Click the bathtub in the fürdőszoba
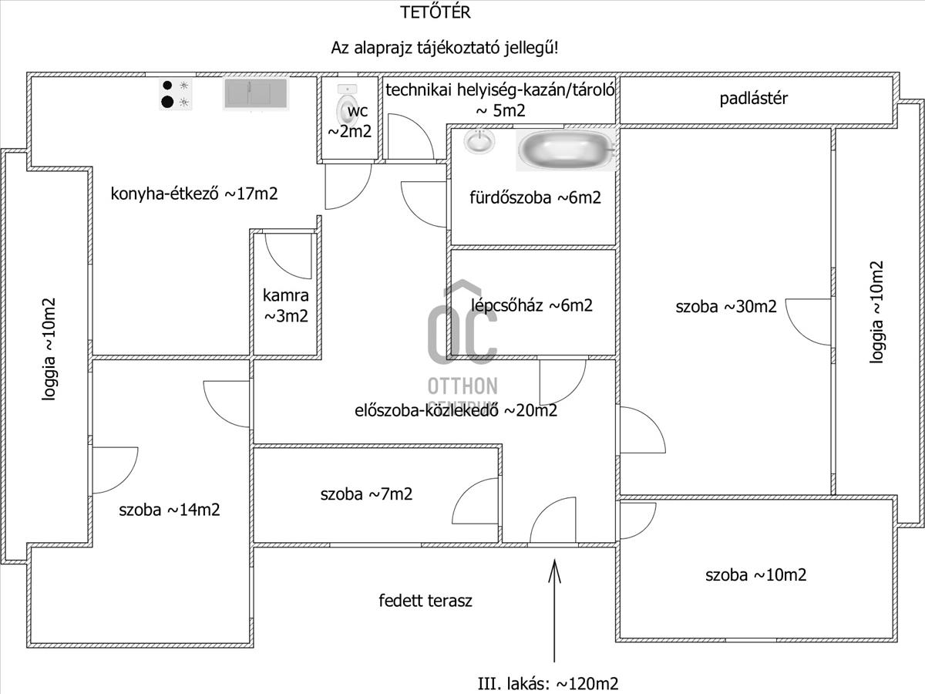565,150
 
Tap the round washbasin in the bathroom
480,141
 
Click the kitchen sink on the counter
256,93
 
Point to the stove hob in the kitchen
175,93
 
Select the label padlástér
754,99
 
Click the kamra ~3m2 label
286,305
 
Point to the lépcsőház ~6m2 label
532,305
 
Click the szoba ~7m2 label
366,494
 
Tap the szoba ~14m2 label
170,510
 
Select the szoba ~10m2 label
755,575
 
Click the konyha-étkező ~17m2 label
193,194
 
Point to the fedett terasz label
425,601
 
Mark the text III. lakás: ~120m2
548,683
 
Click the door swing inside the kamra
288,255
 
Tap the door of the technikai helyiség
409,136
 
